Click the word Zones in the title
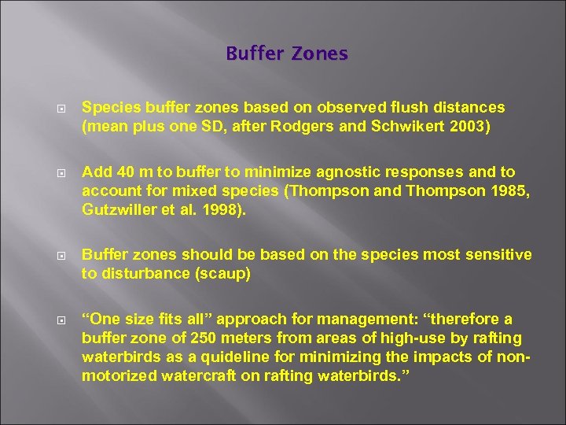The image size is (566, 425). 319,54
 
